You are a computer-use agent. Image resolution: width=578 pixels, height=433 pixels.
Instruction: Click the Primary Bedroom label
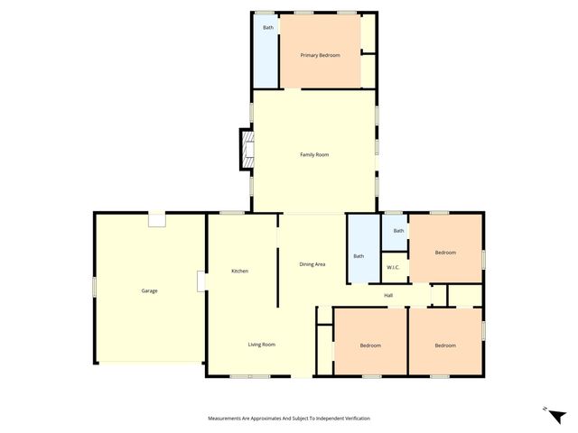[321, 55]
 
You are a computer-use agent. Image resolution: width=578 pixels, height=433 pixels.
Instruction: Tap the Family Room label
[314, 155]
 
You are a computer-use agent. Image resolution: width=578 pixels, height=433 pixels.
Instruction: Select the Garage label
[149, 290]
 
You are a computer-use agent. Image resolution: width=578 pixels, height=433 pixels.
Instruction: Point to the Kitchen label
[239, 272]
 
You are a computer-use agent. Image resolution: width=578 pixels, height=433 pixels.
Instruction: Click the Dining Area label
[312, 263]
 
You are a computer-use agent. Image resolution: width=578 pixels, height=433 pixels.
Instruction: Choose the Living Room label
[262, 344]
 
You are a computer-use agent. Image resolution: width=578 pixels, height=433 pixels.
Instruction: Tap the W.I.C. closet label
[394, 267]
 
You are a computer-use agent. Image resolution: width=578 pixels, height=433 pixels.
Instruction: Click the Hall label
[388, 295]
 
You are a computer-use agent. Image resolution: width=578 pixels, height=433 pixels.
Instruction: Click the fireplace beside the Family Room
[246, 150]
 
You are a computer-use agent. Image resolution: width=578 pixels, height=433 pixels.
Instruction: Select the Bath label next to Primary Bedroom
[268, 28]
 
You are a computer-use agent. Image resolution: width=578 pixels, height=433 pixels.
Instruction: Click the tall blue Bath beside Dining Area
[359, 256]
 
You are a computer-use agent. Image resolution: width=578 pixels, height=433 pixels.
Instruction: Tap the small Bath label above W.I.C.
[398, 231]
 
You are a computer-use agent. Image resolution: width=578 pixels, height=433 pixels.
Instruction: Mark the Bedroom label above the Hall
[445, 253]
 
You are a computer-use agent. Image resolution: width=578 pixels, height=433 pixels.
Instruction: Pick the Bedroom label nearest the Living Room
[370, 345]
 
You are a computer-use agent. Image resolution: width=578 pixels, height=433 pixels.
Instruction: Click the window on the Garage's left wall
[94, 286]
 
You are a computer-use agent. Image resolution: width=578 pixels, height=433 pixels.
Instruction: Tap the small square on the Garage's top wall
[157, 219]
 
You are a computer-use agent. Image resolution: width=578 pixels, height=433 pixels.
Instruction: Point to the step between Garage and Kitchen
[202, 281]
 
